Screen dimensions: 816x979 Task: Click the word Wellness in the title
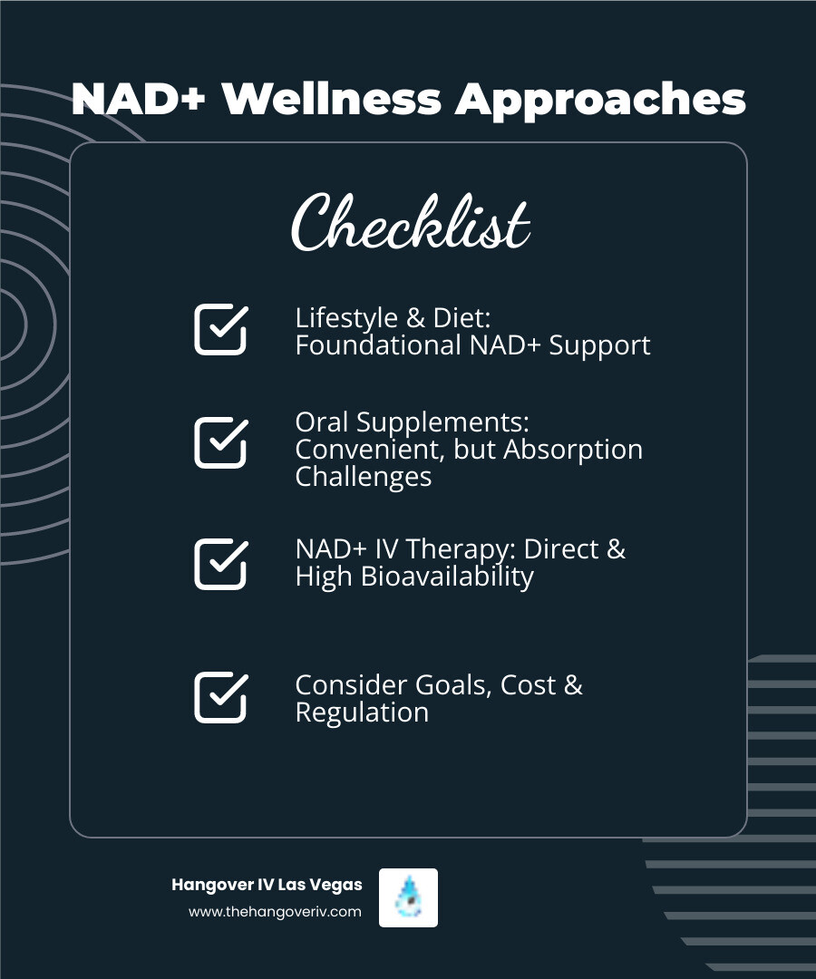click(x=332, y=99)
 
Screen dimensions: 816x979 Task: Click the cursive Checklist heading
click(x=411, y=222)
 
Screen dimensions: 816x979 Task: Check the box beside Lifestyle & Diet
click(x=221, y=329)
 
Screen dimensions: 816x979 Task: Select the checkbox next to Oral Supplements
click(x=221, y=442)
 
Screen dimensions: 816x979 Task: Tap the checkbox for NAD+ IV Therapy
click(x=221, y=564)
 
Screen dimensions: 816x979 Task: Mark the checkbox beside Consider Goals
click(x=221, y=697)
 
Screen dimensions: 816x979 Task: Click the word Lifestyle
click(x=346, y=319)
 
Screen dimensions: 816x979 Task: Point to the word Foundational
click(x=378, y=345)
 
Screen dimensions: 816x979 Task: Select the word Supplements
click(x=443, y=423)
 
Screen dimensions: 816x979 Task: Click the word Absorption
click(x=573, y=451)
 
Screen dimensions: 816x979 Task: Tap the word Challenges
click(x=364, y=478)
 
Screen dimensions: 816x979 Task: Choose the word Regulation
click(x=362, y=712)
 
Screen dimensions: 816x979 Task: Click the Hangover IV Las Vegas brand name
click(x=267, y=885)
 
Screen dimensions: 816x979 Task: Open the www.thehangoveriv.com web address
click(x=275, y=912)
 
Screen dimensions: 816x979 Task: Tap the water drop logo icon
click(x=408, y=897)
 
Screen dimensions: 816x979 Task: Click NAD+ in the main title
click(x=139, y=99)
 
